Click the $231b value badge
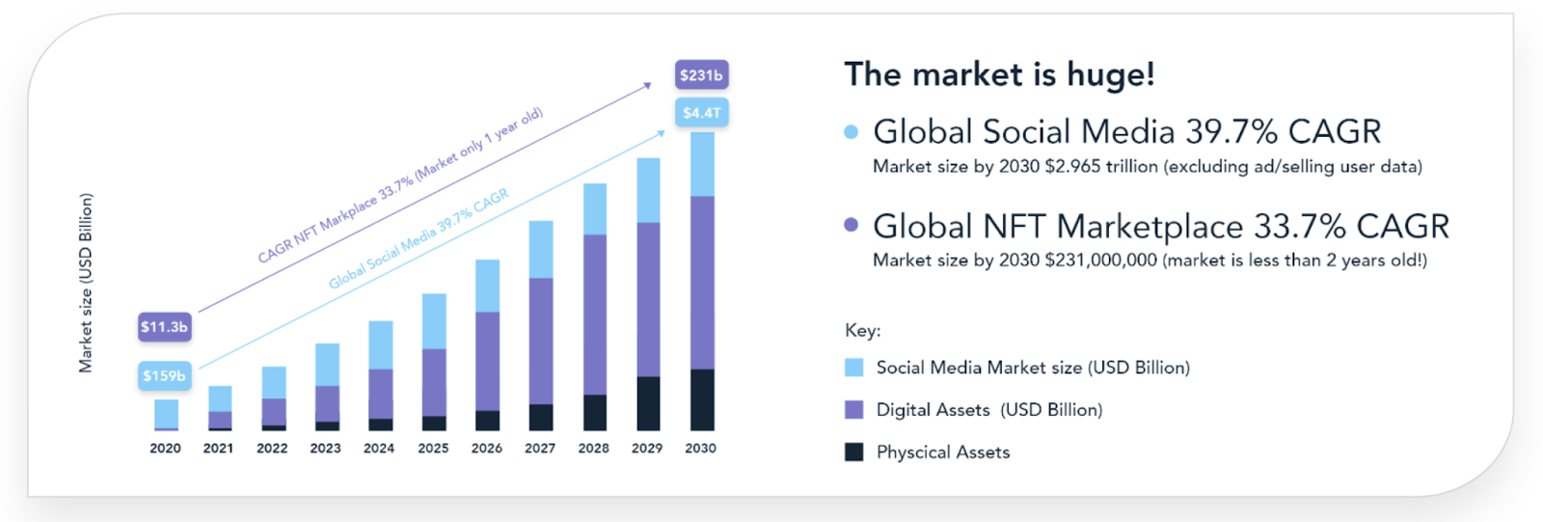coord(701,75)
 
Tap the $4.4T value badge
coord(701,113)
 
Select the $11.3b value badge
coord(164,327)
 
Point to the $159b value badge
coord(164,376)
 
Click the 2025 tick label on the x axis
coord(433,449)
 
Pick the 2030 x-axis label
coord(700,449)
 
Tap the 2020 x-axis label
coord(165,449)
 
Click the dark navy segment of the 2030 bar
coord(702,399)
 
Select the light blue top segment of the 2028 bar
coord(595,208)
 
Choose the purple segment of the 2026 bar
coord(487,361)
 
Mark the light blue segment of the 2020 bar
coord(166,413)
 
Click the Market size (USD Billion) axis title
coord(86,283)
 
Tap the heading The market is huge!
coord(999,74)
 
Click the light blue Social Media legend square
coord(853,368)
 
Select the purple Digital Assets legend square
coord(853,410)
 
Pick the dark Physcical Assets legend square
coord(853,453)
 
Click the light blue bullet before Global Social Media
coord(851,132)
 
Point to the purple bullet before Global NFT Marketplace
coord(851,225)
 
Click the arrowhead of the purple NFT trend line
coord(648,86)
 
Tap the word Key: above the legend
coord(862,331)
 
